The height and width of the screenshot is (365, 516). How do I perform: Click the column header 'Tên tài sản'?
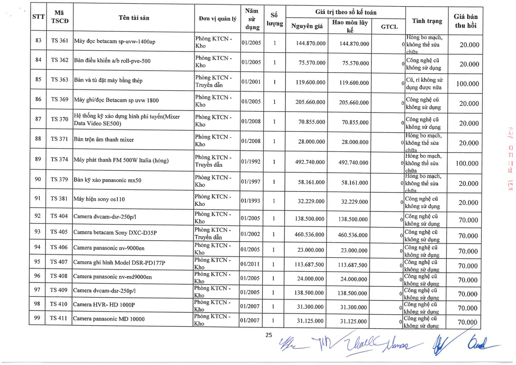(134, 18)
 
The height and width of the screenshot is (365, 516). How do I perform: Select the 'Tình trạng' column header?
(427, 21)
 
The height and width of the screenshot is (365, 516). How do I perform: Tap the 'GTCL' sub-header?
(389, 27)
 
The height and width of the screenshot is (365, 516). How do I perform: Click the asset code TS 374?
(59, 159)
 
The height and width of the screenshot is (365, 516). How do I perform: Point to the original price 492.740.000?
(310, 162)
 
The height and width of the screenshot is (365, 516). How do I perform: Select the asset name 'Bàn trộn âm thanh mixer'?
(104, 140)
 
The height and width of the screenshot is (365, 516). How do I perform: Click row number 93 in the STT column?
(37, 231)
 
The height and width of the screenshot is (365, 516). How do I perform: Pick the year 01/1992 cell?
(250, 161)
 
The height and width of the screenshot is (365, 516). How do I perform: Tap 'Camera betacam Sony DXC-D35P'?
(115, 232)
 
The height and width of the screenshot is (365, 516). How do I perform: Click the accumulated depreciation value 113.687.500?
(352, 265)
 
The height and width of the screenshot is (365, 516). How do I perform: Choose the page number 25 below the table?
(269, 335)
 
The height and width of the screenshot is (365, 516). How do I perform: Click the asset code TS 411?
(58, 318)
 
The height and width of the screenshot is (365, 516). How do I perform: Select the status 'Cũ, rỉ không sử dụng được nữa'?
(424, 83)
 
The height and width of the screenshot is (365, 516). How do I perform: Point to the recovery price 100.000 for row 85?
(467, 84)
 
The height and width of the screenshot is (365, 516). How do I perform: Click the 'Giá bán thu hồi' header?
(465, 21)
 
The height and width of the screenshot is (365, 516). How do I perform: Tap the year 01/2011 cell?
(250, 264)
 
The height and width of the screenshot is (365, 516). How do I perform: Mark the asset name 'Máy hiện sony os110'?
(99, 199)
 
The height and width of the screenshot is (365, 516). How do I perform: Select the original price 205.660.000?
(310, 102)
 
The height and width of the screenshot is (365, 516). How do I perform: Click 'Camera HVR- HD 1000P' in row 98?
(104, 305)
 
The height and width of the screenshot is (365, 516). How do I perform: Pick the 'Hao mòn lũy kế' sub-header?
(350, 26)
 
